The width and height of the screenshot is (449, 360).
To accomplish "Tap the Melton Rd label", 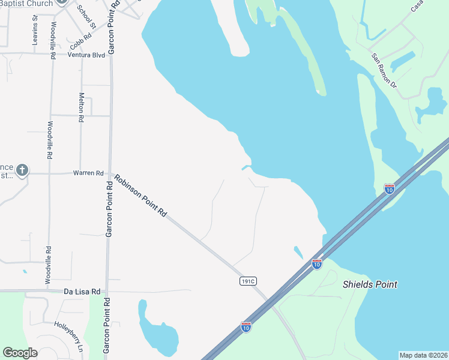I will (81, 107).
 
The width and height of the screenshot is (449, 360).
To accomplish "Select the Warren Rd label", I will (88, 173).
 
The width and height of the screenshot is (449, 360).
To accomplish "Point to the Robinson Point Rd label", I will (140, 195).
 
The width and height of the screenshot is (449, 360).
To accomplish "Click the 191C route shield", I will (248, 281).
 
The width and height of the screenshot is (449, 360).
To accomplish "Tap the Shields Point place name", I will (369, 284).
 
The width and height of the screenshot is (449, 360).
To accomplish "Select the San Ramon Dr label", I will (384, 71).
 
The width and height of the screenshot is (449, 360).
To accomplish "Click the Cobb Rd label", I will (80, 41).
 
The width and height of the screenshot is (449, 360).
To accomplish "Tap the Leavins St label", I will (35, 30).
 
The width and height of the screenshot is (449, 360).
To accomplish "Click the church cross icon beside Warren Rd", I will (22, 170).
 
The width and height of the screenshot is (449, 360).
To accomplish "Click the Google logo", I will (20, 353).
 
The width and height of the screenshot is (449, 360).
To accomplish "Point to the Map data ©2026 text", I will (423, 355).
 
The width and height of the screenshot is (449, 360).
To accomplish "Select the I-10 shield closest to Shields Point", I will (317, 263).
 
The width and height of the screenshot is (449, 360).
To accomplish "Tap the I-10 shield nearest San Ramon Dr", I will (390, 189).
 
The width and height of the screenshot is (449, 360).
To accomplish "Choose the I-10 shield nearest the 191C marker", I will (246, 326).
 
